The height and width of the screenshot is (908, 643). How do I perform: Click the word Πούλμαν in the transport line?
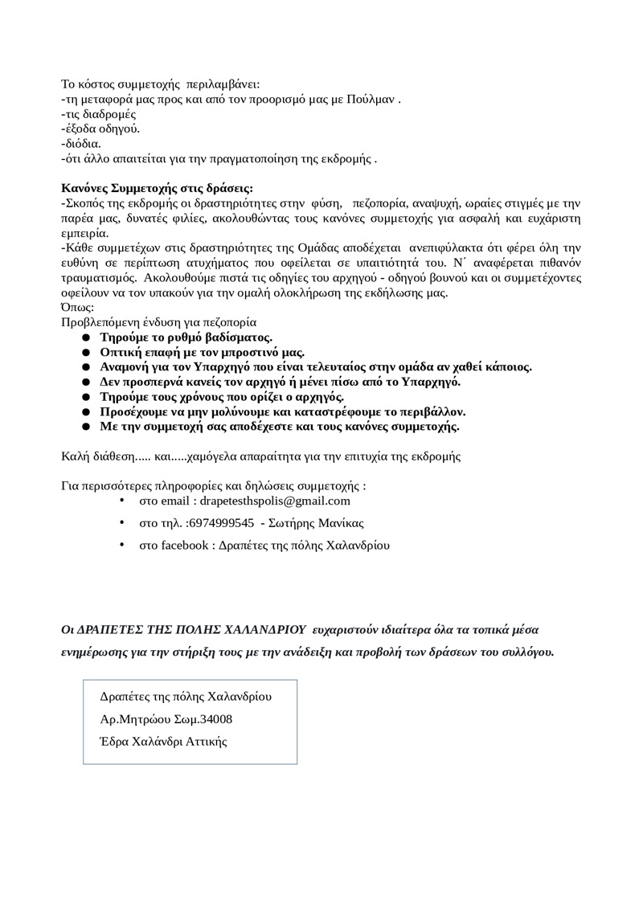(x=372, y=100)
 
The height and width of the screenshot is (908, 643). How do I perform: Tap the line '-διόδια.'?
(x=81, y=144)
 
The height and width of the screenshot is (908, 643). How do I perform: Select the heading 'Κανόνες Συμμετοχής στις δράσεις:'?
(x=158, y=189)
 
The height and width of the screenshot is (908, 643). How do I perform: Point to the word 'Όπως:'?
(x=78, y=307)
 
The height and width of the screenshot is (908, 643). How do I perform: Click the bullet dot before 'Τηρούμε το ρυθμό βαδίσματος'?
(x=85, y=337)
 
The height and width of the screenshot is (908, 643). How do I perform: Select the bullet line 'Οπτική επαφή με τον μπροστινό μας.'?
(x=202, y=352)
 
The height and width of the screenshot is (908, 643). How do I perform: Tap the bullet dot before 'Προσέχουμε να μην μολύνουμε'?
(x=85, y=411)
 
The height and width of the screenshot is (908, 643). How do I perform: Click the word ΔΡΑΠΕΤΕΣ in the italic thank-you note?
(x=112, y=628)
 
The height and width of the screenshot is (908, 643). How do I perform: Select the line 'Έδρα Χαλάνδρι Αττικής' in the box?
(x=163, y=741)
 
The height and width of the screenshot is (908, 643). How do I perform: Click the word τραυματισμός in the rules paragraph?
(x=100, y=278)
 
